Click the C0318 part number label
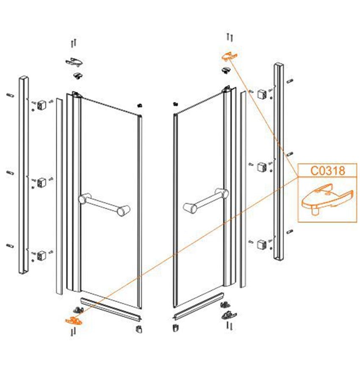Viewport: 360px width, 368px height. tap(328, 170)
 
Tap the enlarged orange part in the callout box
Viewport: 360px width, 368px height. tap(327, 198)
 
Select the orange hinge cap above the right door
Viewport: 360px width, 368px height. tap(230, 56)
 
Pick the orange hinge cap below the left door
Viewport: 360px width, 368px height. tap(74, 321)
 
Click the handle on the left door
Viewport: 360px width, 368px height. tap(104, 204)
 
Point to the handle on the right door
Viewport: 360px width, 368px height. tap(205, 200)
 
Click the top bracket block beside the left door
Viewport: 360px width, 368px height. tap(41, 104)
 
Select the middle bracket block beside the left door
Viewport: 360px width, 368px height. tap(42, 183)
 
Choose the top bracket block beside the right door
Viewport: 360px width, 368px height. tap(261, 94)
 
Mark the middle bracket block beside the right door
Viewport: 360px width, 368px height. tap(261, 167)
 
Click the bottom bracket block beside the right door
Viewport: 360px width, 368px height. tap(261, 245)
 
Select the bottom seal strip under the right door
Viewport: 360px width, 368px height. tap(198, 306)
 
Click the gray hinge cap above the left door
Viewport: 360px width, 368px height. tap(74, 61)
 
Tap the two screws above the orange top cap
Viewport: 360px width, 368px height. tap(230, 37)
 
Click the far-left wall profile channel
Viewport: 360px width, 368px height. tap(23, 175)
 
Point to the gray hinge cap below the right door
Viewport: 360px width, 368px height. tap(229, 315)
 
